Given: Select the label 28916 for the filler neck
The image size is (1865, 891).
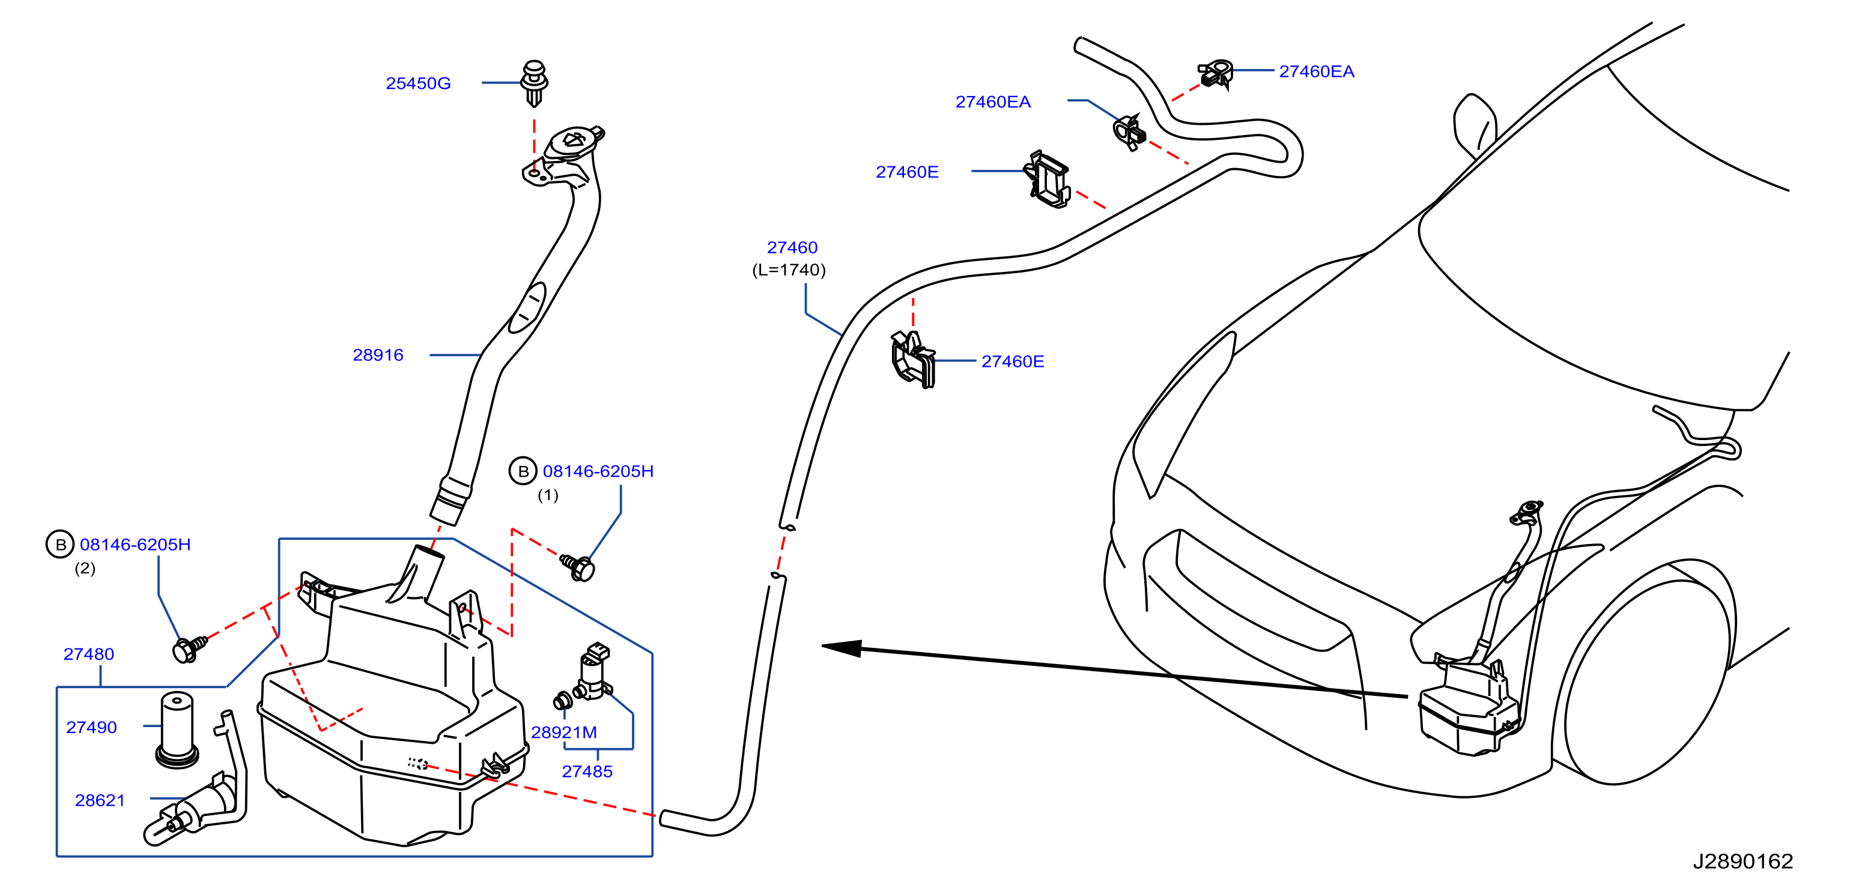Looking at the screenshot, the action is (x=377, y=355).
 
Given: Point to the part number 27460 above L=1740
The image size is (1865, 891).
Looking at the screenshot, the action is (x=792, y=247).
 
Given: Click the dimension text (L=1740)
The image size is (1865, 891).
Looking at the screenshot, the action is (x=789, y=270).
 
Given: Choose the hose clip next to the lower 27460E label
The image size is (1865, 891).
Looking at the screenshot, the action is (x=912, y=360).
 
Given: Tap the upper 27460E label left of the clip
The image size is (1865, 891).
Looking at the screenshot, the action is (x=907, y=172).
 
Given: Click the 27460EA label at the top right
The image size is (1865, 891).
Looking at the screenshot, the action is (x=1316, y=71).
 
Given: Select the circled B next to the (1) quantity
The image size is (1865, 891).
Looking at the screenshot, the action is (x=523, y=471).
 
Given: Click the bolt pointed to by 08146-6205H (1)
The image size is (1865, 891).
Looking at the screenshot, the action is (x=578, y=567).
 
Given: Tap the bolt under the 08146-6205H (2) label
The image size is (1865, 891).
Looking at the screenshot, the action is (x=190, y=648).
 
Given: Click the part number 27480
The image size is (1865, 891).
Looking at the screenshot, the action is (x=88, y=654).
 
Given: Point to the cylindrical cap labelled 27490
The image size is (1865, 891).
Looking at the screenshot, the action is (x=177, y=729).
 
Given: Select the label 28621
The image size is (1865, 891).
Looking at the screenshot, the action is (x=100, y=800).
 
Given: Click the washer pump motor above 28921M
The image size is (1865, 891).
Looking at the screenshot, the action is (x=592, y=671).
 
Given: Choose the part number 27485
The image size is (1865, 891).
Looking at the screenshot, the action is (x=587, y=771).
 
